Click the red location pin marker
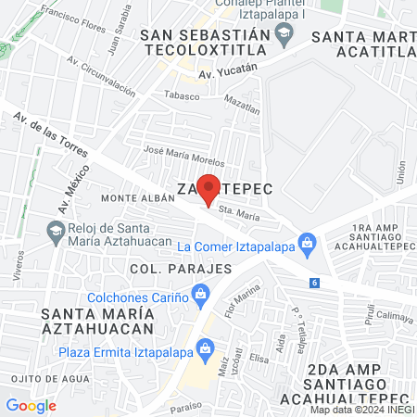click(x=209, y=188)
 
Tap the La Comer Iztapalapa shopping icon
click(x=309, y=246)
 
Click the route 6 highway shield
click(x=316, y=282)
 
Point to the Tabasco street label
click(x=182, y=94)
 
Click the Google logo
click(x=31, y=405)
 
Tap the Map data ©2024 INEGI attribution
click(x=361, y=410)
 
